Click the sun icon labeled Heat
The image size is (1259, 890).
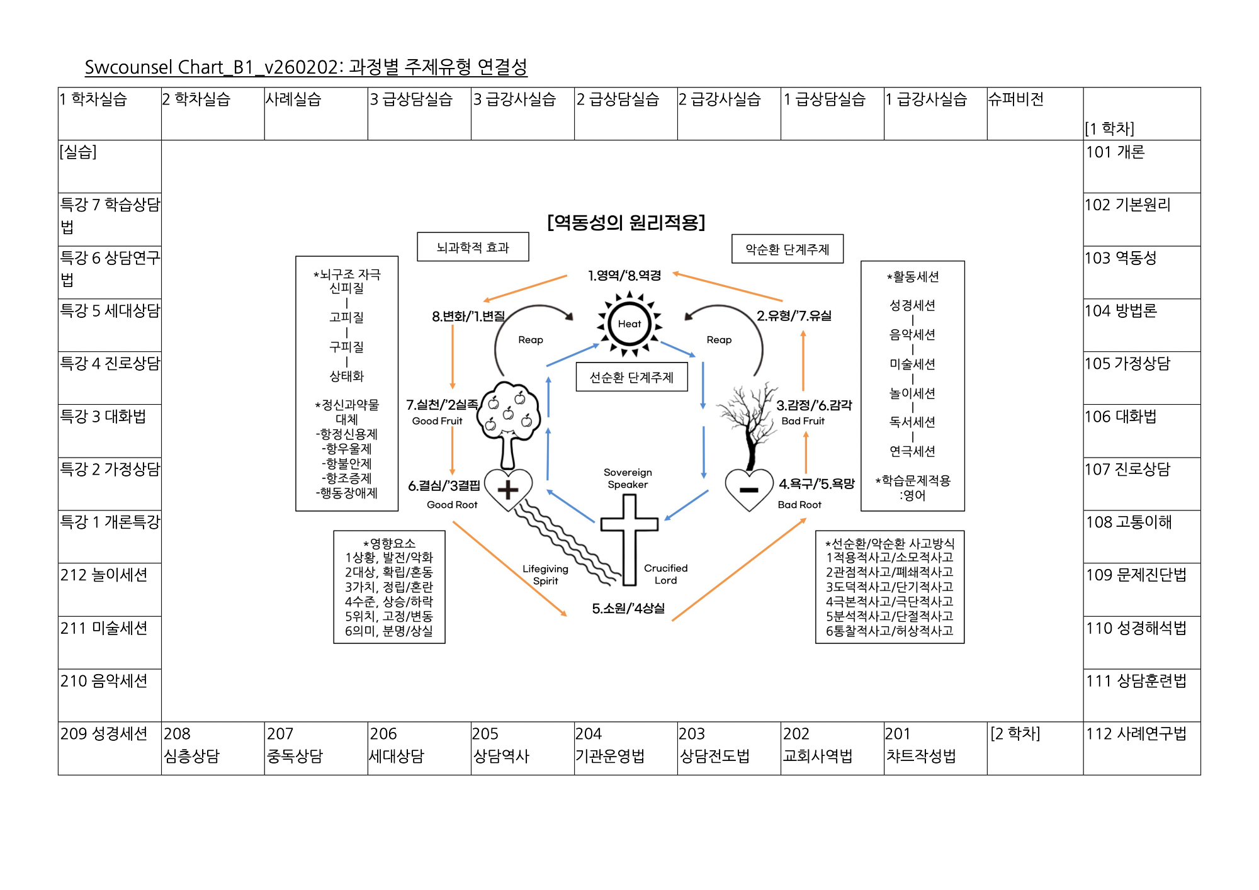click(x=629, y=324)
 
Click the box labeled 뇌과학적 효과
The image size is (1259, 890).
click(x=473, y=247)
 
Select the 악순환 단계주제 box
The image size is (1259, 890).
click(x=787, y=249)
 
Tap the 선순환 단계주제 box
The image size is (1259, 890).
click(x=631, y=377)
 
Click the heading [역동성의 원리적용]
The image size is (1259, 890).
click(x=626, y=222)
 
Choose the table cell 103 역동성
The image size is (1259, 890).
click(x=1141, y=272)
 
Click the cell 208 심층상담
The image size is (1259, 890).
click(x=213, y=748)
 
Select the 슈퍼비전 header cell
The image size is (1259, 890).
click(x=1034, y=113)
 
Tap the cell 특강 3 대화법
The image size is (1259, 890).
click(x=110, y=431)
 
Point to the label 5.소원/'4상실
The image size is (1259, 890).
click(x=628, y=608)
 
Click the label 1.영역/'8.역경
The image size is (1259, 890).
click(x=624, y=276)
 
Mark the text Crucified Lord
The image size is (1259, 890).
click(x=665, y=574)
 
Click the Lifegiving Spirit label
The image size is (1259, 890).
click(x=545, y=575)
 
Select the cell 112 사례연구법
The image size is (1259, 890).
click(x=1141, y=748)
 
